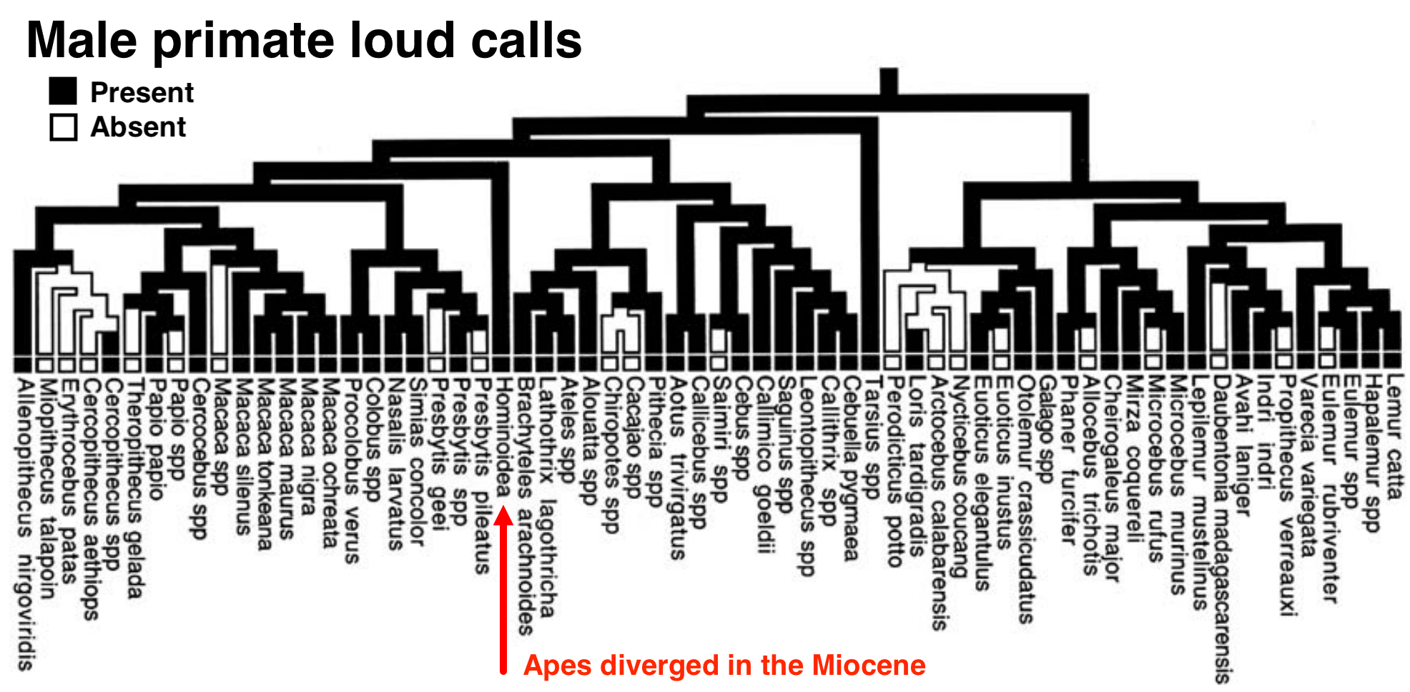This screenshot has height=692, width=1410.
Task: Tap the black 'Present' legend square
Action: [x=63, y=92]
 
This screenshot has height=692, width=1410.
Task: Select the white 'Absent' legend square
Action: [x=63, y=127]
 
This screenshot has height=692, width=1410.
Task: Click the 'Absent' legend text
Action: [x=138, y=127]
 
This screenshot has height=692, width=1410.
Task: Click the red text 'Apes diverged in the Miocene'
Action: [x=724, y=666]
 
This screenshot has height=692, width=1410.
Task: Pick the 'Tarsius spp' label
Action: [x=872, y=436]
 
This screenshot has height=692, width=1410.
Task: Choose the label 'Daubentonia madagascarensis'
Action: [x=1221, y=529]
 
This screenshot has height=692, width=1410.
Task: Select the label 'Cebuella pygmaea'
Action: [x=850, y=468]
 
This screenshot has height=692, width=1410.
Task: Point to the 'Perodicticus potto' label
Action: [x=894, y=472]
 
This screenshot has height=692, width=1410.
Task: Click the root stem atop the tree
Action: [x=889, y=81]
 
